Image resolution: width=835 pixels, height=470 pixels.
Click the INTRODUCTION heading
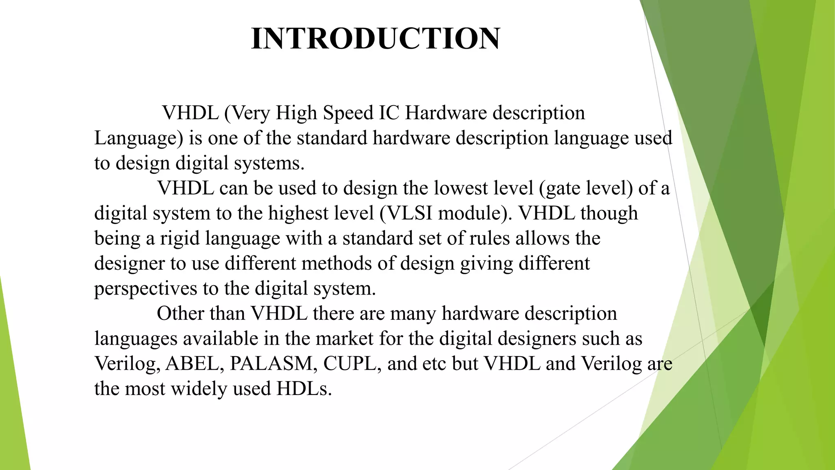[x=376, y=39]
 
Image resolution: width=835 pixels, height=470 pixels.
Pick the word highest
[x=298, y=213]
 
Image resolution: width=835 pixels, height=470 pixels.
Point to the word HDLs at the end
[x=304, y=388]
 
